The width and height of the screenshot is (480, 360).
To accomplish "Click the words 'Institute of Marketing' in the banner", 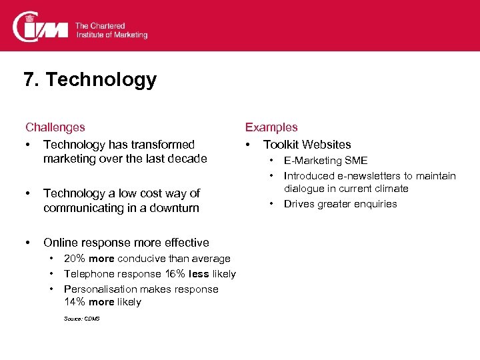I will click(111, 35).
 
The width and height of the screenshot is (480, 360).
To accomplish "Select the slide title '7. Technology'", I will click(90, 80).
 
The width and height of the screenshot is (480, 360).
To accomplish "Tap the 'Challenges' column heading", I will click(55, 127).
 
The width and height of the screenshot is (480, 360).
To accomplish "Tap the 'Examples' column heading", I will click(271, 127).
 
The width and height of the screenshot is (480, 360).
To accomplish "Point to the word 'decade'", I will click(189, 159).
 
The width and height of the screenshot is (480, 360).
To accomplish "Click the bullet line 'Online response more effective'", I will click(126, 243).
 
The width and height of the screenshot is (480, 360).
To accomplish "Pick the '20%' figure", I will click(75, 259).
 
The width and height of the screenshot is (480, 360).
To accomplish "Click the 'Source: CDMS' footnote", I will click(82, 319).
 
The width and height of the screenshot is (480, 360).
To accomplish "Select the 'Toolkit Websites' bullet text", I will click(307, 145).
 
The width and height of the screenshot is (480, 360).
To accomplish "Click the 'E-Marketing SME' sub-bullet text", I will click(325, 161).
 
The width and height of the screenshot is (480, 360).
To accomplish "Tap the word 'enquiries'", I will click(373, 204).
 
